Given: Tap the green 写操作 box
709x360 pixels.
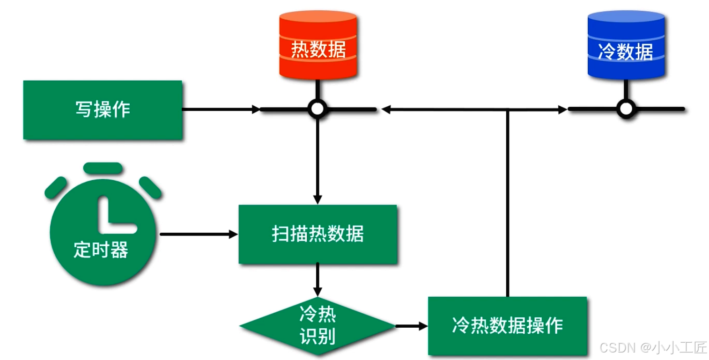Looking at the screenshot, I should [103, 110].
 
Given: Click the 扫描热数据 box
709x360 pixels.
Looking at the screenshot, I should [318, 234].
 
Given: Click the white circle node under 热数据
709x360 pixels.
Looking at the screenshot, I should [318, 109].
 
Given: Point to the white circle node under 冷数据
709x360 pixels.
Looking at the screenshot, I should [626, 109].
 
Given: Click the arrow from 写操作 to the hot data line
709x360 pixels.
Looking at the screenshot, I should [220, 110].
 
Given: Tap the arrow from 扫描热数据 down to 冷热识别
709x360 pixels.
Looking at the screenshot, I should [318, 279].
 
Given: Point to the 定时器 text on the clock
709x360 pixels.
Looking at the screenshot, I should [101, 250].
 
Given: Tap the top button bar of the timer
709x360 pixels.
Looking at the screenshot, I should [103, 167].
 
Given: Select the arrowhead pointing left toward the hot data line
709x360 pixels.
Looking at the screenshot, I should [386, 110].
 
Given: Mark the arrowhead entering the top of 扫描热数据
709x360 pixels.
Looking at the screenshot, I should [318, 199].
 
